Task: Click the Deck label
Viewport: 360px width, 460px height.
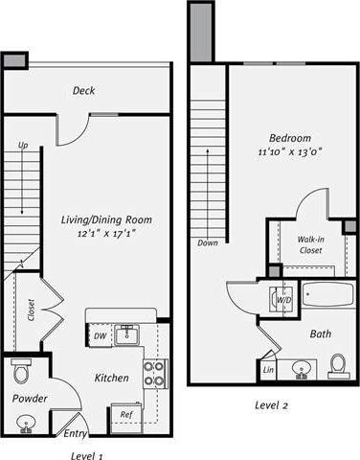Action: tap(83, 91)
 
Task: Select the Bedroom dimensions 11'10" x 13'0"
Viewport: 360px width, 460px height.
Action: tap(289, 151)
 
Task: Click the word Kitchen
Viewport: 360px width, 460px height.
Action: tap(111, 379)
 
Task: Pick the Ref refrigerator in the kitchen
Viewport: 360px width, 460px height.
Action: tap(125, 414)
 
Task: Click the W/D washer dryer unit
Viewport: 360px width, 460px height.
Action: tap(283, 300)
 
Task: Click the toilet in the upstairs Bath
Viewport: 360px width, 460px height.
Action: tap(337, 365)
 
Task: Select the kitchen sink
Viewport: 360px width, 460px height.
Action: tap(126, 334)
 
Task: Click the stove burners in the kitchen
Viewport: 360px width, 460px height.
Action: tap(154, 373)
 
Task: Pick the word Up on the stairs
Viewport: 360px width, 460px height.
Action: tap(22, 146)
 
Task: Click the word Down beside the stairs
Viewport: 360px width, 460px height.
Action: tap(208, 243)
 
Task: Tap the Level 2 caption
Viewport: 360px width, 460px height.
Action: tap(271, 405)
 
